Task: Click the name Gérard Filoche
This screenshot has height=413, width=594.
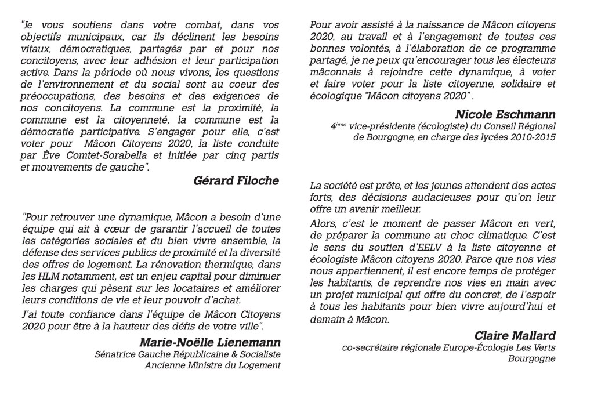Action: coord(236,181)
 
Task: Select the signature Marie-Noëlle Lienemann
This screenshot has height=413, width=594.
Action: coord(210,342)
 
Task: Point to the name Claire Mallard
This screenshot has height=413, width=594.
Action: coord(515,335)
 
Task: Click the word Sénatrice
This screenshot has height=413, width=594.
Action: coord(115,354)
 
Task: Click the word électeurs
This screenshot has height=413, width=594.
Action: coord(532,60)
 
